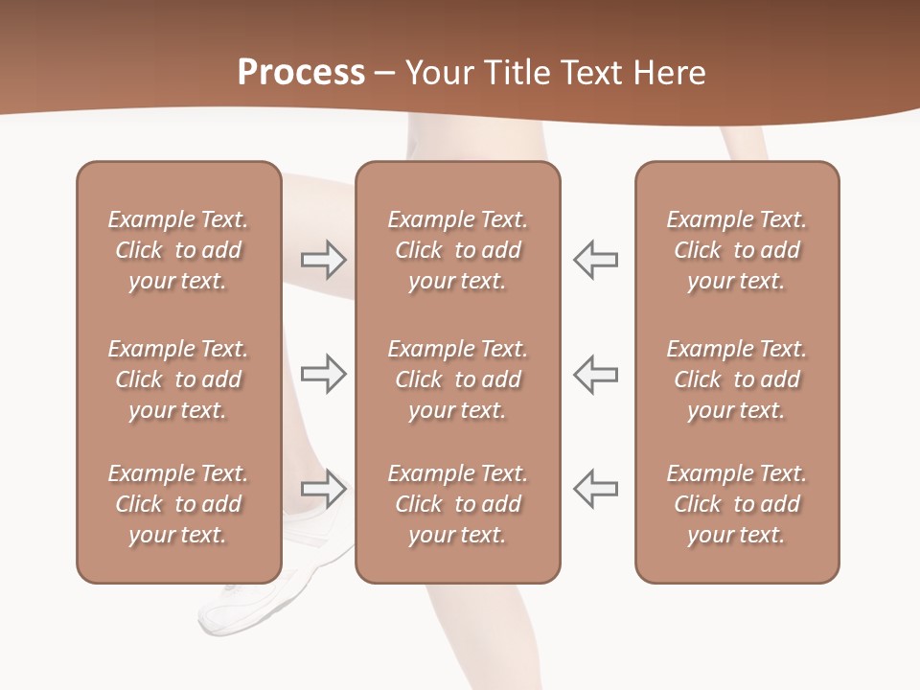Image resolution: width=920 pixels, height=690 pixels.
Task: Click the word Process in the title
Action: (x=301, y=73)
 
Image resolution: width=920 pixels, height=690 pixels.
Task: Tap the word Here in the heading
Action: (x=670, y=73)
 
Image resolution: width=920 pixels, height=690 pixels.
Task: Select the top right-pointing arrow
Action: (x=323, y=260)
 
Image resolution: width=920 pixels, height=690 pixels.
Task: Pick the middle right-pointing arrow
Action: (x=323, y=374)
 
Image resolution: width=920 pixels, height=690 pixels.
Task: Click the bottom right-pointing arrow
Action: (x=323, y=488)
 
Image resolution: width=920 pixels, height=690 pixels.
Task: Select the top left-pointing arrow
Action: (x=596, y=260)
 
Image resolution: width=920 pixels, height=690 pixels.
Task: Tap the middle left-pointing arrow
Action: (x=596, y=374)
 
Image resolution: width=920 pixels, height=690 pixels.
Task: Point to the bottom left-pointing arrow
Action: (x=596, y=488)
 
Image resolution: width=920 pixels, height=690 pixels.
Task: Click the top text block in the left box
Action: (x=178, y=250)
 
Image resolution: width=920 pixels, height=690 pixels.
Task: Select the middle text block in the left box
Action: (x=178, y=379)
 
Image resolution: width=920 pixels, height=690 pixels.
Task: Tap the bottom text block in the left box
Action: (x=178, y=504)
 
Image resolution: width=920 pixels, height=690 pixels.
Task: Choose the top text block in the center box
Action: (x=457, y=250)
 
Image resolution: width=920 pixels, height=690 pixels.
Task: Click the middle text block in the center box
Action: (x=457, y=379)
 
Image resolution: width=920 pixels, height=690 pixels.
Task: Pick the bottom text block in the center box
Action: (x=457, y=504)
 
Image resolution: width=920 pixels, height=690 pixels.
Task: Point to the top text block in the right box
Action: (x=736, y=250)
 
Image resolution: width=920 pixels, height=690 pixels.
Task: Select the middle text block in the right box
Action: (x=736, y=379)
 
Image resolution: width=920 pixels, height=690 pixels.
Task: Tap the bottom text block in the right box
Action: (x=736, y=504)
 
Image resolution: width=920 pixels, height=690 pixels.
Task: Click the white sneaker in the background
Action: (x=259, y=604)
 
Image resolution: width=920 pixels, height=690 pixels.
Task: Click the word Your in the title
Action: (x=440, y=73)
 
